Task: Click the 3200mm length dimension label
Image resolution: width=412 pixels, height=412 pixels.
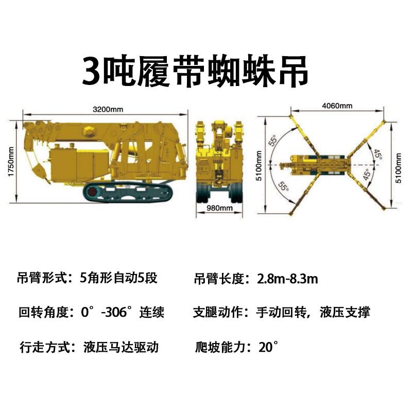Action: (108, 109)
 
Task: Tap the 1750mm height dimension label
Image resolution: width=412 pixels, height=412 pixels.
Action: (11, 162)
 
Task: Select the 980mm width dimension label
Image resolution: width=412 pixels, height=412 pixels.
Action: (219, 208)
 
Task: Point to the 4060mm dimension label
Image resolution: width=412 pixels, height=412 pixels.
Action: (337, 106)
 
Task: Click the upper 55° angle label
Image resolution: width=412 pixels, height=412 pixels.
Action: (273, 140)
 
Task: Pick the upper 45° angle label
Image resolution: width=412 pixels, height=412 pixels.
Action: (378, 154)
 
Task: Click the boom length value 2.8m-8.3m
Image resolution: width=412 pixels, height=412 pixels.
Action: (287, 279)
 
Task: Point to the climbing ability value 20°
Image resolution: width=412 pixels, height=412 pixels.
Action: (268, 347)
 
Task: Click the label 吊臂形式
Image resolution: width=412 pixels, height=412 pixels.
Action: (43, 278)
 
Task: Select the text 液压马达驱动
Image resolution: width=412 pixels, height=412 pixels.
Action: (121, 347)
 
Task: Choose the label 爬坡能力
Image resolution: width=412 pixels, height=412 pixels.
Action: (220, 347)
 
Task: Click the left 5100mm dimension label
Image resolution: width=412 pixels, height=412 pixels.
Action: (259, 165)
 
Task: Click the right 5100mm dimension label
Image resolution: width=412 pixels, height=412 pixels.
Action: (399, 168)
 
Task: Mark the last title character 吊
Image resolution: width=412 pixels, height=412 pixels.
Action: (293, 72)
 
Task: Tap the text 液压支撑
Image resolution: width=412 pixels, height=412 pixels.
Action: (345, 313)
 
